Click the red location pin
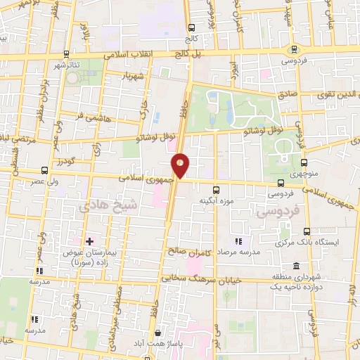click(x=181, y=165)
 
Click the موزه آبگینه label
click(x=215, y=200)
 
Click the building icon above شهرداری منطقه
click(x=296, y=266)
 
